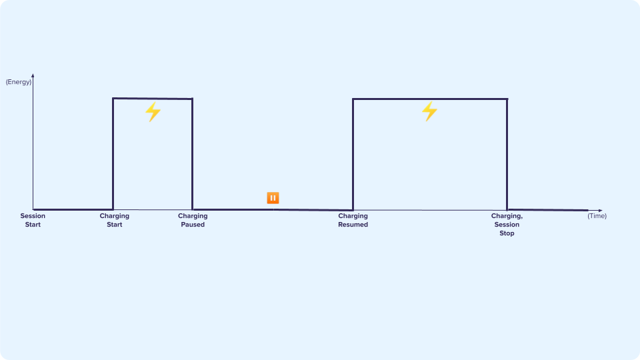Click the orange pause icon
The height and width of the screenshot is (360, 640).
pyautogui.click(x=273, y=198)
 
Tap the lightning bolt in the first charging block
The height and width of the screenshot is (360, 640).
pyautogui.click(x=153, y=111)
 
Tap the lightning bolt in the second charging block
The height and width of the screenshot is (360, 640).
pyautogui.click(x=429, y=111)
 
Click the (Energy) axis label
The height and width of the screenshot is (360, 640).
pyautogui.click(x=19, y=82)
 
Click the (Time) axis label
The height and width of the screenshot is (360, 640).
pyautogui.click(x=597, y=216)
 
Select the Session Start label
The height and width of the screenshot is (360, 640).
pyautogui.click(x=33, y=220)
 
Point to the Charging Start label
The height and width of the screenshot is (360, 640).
pyautogui.click(x=114, y=220)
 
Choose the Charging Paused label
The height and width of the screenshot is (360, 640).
pyautogui.click(x=193, y=220)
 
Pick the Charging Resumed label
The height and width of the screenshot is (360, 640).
pyautogui.click(x=353, y=220)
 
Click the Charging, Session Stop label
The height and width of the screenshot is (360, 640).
pyautogui.click(x=507, y=225)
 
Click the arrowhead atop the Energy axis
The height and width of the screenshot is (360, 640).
pyautogui.click(x=33, y=75)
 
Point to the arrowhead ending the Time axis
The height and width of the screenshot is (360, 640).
pyautogui.click(x=601, y=210)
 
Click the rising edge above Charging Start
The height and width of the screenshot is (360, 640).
pyautogui.click(x=113, y=154)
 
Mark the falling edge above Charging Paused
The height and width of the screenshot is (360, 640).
pyautogui.click(x=192, y=154)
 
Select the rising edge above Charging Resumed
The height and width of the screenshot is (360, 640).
pyautogui.click(x=353, y=154)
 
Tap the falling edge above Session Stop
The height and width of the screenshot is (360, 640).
pyautogui.click(x=507, y=154)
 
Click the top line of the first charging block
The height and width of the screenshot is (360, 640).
pyautogui.click(x=153, y=99)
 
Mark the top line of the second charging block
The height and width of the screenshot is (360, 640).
pyautogui.click(x=430, y=99)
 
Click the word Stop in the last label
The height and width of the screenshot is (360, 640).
pyautogui.click(x=507, y=233)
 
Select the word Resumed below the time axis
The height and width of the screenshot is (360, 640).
pyautogui.click(x=353, y=225)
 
